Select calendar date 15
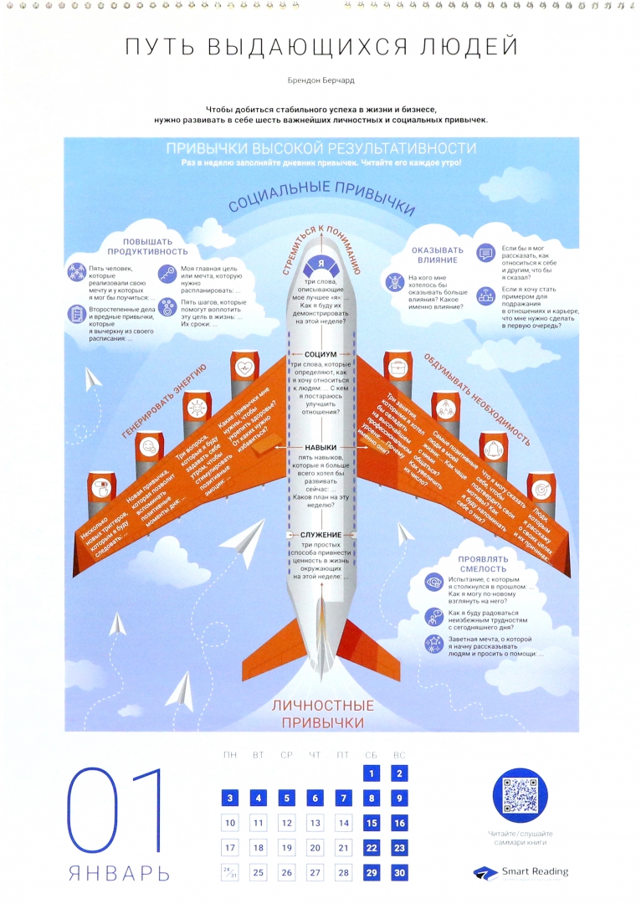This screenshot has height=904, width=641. pyautogui.click(x=372, y=824)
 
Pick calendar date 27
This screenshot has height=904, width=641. pyautogui.click(x=315, y=872)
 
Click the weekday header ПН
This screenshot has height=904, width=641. pyautogui.click(x=230, y=755)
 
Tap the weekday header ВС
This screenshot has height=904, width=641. pyautogui.click(x=400, y=755)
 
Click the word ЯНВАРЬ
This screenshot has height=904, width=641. pyautogui.click(x=119, y=874)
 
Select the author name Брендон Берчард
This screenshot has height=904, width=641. pyautogui.click(x=320, y=82)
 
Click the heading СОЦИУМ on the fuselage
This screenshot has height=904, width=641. pyautogui.click(x=320, y=354)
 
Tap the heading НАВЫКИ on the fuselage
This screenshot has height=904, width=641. pyautogui.click(x=320, y=448)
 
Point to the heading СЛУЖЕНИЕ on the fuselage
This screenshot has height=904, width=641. pyautogui.click(x=320, y=534)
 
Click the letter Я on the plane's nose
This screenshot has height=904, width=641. pyautogui.click(x=320, y=264)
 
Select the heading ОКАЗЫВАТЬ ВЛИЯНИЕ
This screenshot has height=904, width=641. pyautogui.click(x=437, y=255)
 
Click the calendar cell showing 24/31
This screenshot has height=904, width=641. pyautogui.click(x=230, y=872)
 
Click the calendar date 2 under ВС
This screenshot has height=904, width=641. pyautogui.click(x=400, y=774)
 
